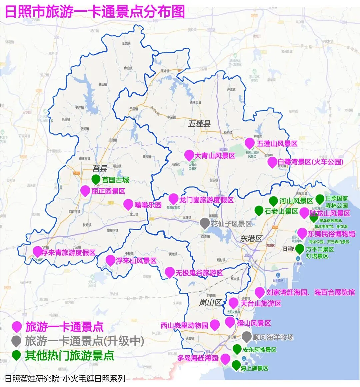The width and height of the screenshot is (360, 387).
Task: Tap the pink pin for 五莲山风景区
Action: tap(250, 143)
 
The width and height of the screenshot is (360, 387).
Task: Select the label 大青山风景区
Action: tap(215, 156)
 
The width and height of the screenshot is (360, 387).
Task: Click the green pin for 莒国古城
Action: tap(96, 179)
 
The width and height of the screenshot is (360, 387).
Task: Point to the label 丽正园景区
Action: tap(108, 191)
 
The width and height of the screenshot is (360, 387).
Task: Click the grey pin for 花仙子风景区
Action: tap(205, 223)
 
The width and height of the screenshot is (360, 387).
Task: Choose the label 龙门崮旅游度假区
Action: tap(206, 200)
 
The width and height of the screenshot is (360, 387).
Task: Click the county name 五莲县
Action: tap(199, 124)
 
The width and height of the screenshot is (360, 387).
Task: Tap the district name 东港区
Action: tap(251, 239)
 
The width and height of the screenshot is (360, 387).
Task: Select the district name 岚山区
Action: tap(210, 303)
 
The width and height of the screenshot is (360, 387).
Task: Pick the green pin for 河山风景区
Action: tap(273, 201)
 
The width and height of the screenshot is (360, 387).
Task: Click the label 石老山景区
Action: tap(281, 211)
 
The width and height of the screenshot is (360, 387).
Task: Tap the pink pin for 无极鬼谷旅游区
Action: tap(170, 272)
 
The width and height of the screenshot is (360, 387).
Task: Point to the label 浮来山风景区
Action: tap(136, 261)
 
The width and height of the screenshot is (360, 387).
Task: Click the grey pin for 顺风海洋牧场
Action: tap(246, 337)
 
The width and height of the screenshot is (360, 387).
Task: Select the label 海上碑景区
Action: tap(254, 368)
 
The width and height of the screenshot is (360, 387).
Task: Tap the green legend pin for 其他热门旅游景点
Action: tap(16, 355)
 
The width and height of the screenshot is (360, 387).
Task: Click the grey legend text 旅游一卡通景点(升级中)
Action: tap(85, 341)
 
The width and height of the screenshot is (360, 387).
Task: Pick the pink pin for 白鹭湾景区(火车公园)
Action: tap(272, 162)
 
